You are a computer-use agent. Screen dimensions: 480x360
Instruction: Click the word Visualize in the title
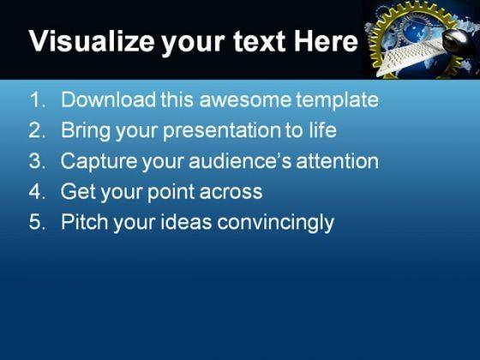point(92,41)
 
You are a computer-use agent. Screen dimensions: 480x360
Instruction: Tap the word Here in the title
point(326,41)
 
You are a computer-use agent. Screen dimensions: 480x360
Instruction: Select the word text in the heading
point(260,42)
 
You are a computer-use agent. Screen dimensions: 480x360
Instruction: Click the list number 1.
point(37,99)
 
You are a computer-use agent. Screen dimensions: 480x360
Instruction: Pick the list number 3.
point(37,161)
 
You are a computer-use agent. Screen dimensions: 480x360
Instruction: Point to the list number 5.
point(37,222)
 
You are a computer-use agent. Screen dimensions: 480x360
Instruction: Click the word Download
point(108,99)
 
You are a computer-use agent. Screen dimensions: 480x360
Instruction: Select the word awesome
point(245,100)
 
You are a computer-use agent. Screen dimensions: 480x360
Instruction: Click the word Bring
point(86,131)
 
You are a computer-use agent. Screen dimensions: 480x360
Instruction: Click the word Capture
point(99,162)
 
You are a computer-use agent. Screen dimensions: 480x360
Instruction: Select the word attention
point(338,161)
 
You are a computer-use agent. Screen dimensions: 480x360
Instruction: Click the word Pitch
point(85,222)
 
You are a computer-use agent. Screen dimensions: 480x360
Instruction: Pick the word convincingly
point(275,223)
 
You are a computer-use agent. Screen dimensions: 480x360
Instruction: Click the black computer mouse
point(459,42)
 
